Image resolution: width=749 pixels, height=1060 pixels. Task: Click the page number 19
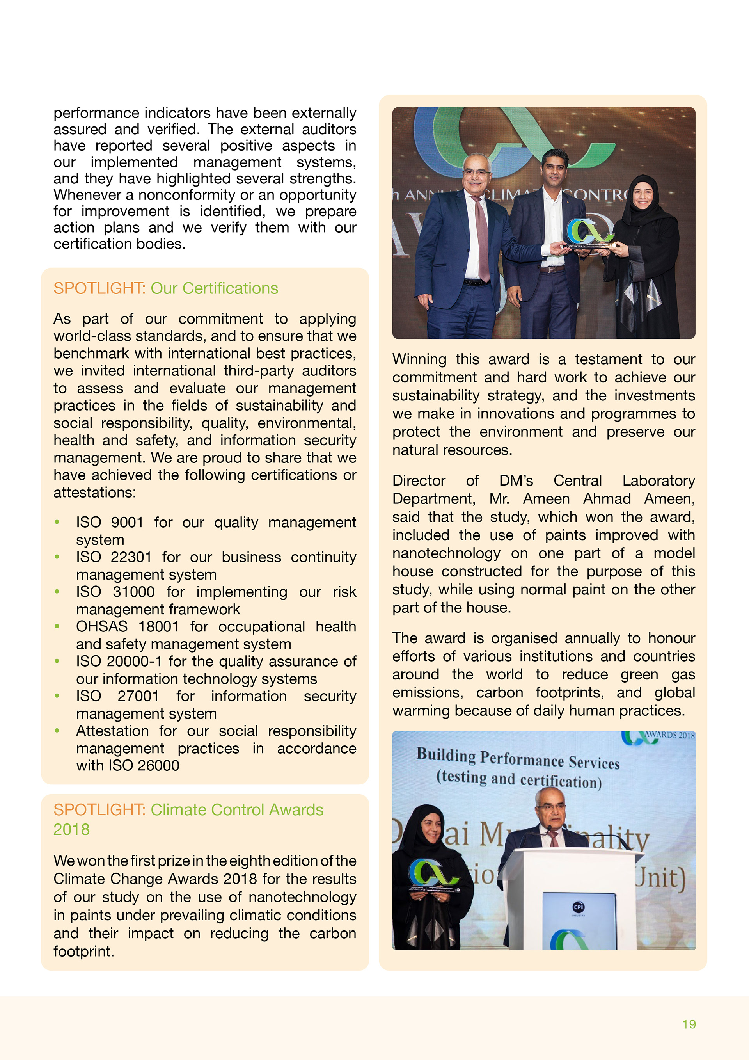click(x=689, y=1024)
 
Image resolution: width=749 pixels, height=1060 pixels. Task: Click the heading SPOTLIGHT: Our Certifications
click(x=166, y=288)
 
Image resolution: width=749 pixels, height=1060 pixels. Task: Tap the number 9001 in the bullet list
click(x=127, y=522)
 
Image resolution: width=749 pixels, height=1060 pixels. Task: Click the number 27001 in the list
click(x=138, y=696)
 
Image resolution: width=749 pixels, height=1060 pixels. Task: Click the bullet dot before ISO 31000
click(x=57, y=591)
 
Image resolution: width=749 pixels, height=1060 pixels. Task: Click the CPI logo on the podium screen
click(x=578, y=907)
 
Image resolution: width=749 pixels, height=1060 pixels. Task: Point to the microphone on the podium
click(x=550, y=831)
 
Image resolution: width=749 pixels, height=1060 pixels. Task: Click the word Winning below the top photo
click(x=419, y=359)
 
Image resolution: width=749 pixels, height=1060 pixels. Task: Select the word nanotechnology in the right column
click(x=446, y=553)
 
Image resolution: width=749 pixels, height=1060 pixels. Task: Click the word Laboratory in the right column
click(x=658, y=480)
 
